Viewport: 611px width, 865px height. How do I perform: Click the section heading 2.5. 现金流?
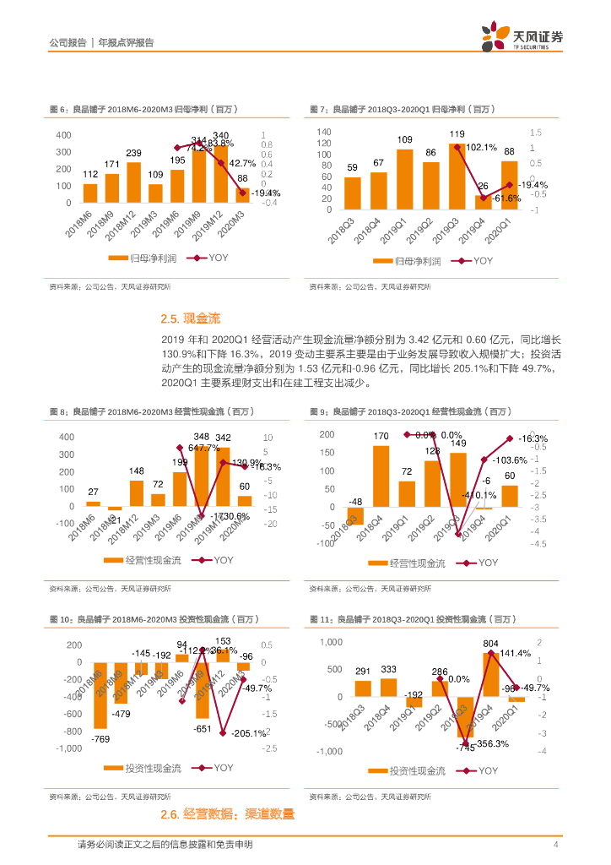190,319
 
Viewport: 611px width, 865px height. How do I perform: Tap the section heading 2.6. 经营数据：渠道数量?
228,814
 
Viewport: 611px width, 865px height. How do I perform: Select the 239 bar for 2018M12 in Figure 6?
133,182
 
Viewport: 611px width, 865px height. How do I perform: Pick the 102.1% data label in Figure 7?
481,147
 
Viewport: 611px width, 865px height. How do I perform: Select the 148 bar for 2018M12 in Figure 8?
136,492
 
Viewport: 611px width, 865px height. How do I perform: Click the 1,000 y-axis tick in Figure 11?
330,642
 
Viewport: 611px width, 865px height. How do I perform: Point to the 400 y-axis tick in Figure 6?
63,135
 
